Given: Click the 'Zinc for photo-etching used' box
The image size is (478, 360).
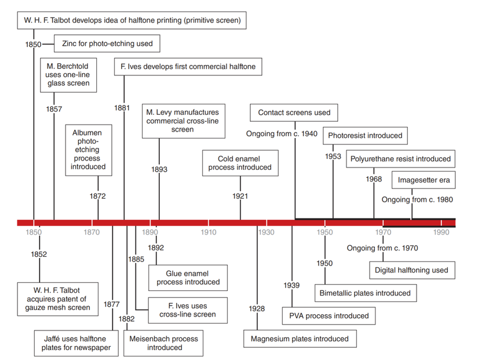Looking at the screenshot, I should pyautogui.click(x=107, y=43).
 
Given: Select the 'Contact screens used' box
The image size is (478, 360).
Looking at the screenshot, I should pyautogui.click(x=294, y=112).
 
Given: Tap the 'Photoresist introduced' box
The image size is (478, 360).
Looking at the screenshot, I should pyautogui.click(x=364, y=136).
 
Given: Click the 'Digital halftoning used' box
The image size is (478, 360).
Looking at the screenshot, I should pyautogui.click(x=411, y=270).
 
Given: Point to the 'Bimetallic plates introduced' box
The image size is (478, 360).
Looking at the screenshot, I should pyautogui.click(x=364, y=293).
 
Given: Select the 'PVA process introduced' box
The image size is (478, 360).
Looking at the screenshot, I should pyautogui.click(x=329, y=316).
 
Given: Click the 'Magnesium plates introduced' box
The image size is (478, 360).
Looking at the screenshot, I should pyautogui.click(x=300, y=339).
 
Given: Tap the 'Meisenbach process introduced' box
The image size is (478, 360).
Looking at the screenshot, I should pyautogui.click(x=164, y=343).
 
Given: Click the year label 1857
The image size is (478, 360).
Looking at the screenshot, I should pyautogui.click(x=53, y=108).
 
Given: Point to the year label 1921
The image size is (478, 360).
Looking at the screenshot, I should pyautogui.click(x=240, y=197).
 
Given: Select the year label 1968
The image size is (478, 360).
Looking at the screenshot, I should pyautogui.click(x=374, y=179).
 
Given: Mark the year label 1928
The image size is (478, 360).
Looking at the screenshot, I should pyautogui.click(x=256, y=308).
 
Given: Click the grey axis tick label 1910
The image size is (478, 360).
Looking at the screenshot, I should pyautogui.click(x=209, y=233).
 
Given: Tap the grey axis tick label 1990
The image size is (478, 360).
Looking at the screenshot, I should pyautogui.click(x=441, y=233).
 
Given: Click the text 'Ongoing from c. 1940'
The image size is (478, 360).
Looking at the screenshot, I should pyautogui.click(x=282, y=134).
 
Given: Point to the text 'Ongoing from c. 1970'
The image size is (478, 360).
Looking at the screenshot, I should pyautogui.click(x=382, y=248).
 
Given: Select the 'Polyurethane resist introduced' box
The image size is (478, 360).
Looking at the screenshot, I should pyautogui.click(x=400, y=159).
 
